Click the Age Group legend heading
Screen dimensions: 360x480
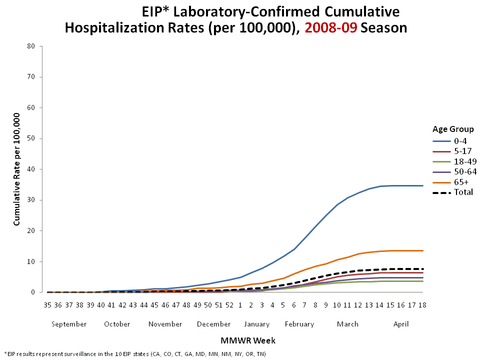[x=453, y=129]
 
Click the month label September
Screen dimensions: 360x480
[x=69, y=324]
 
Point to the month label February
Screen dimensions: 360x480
[x=299, y=324]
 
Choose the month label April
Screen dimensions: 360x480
[x=401, y=324]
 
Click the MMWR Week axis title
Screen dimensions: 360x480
[x=248, y=341]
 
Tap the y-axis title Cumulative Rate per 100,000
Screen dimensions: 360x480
[x=16, y=169]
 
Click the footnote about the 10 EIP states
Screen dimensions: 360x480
[x=135, y=354]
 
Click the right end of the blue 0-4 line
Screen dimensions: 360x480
[x=422, y=186]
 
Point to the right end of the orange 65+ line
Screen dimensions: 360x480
[x=422, y=250]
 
